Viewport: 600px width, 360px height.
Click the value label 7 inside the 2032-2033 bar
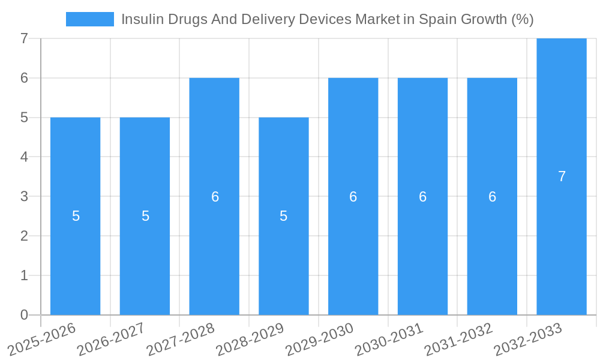[562, 176]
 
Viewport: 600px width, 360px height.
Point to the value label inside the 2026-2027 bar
[145, 216]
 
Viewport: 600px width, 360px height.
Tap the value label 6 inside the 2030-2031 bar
[422, 197]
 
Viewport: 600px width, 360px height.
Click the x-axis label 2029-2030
[320, 339]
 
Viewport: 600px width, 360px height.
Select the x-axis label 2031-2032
[459, 339]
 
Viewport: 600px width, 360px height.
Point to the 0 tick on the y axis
[24, 315]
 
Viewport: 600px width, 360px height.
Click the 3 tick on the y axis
[24, 196]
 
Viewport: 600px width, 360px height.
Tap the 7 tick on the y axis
[24, 38]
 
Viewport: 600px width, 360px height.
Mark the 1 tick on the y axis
[24, 275]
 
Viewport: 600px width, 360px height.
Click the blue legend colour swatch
[89, 19]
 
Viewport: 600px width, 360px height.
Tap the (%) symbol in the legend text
[522, 19]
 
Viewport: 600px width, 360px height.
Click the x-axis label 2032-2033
[528, 339]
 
